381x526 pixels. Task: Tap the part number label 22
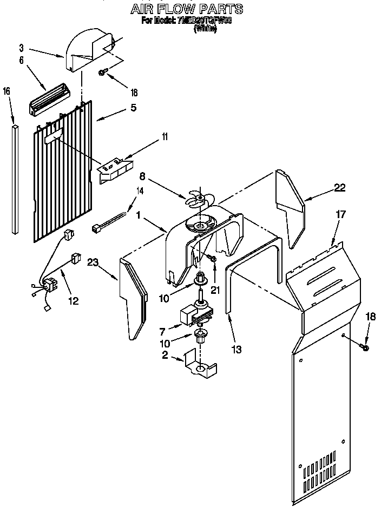tap(339, 188)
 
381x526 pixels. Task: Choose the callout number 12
tap(73, 301)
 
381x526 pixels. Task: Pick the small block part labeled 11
tap(115, 169)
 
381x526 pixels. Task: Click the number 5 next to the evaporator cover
tap(133, 107)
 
